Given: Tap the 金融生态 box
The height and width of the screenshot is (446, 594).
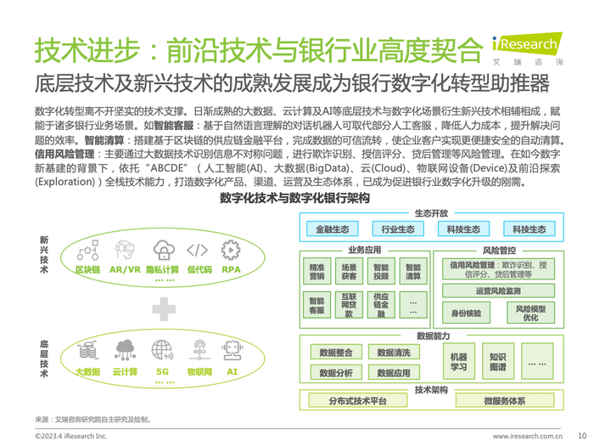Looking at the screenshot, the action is [332, 229].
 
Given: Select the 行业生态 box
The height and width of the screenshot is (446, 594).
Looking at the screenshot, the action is [398, 229].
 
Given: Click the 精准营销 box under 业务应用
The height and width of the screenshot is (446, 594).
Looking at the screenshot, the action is [317, 270].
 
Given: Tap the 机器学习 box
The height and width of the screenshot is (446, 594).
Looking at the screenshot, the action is [458, 363].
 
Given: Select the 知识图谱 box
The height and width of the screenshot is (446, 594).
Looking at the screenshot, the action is [498, 363].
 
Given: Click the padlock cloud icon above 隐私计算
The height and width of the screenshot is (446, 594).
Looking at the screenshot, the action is [162, 250].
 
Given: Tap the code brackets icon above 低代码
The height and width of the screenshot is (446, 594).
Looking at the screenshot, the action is [197, 250].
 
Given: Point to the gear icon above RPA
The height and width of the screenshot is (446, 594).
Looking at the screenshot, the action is [230, 250].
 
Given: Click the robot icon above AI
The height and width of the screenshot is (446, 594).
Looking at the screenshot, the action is [231, 350].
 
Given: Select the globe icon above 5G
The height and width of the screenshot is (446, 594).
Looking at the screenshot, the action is [162, 350].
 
